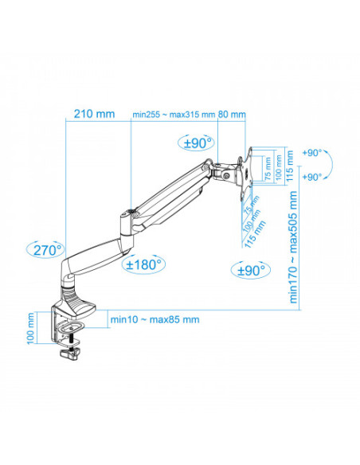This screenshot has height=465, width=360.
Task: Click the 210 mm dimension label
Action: pos(94,114)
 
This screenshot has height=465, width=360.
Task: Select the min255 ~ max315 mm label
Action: pos(174,114)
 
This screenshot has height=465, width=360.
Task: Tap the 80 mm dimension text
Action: pos(233,114)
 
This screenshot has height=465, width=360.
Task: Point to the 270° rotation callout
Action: pos(48,249)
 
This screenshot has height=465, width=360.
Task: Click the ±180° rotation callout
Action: pos(144,264)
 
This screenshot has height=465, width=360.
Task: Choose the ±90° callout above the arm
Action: pos(197,143)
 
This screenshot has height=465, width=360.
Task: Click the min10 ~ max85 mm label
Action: pos(155,319)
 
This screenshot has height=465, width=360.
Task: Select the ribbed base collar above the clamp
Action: pos(80,303)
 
